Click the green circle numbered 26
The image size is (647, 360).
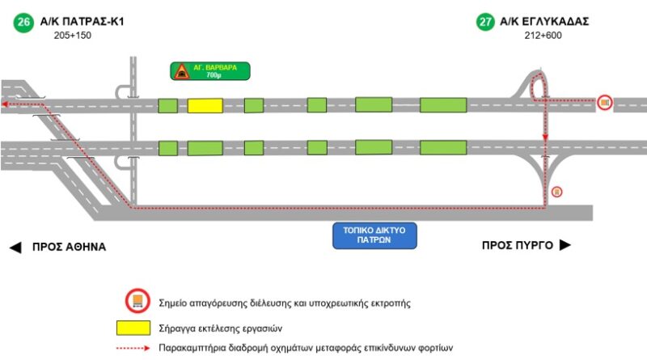(x=24, y=22)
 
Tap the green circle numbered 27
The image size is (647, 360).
(x=485, y=22)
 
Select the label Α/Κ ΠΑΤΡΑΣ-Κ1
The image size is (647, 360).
(x=85, y=22)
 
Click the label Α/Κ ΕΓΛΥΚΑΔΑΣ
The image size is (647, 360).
(x=545, y=22)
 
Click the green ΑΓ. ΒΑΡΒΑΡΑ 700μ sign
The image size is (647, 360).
(x=209, y=71)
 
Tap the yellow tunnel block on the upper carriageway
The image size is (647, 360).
(x=205, y=105)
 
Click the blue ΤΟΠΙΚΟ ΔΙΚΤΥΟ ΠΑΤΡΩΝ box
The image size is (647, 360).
(x=374, y=235)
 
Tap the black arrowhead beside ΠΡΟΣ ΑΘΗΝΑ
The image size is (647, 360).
(x=15, y=247)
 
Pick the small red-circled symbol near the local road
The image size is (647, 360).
(x=556, y=192)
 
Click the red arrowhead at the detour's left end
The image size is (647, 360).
(x=5, y=104)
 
